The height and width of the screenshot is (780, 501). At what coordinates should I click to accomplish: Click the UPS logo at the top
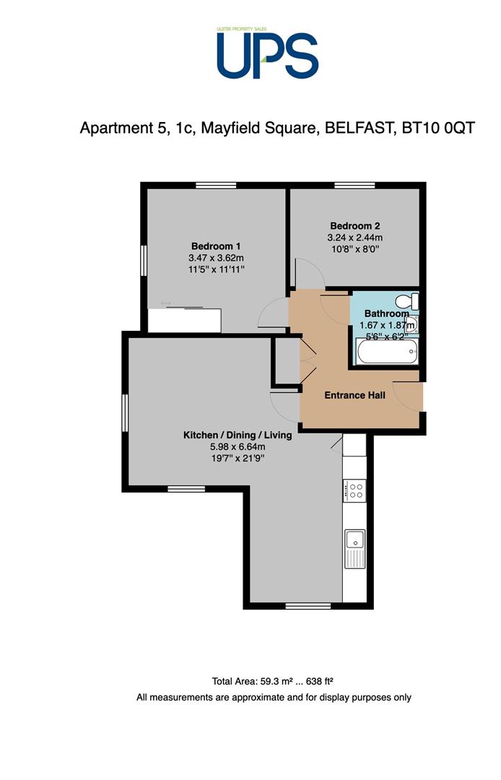[x=267, y=53]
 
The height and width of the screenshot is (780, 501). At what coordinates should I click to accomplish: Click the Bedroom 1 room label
[x=216, y=246]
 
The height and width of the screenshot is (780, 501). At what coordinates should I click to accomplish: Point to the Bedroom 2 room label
[x=355, y=225]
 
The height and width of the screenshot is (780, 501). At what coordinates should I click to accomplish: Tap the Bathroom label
[x=387, y=313]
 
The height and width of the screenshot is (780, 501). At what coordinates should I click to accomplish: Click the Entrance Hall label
[x=355, y=395]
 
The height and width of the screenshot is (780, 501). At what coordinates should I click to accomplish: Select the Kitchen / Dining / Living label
[x=238, y=435]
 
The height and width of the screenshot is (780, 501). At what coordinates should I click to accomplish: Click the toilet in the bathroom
[x=408, y=301]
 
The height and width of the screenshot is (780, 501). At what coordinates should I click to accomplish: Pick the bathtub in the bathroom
[x=387, y=351]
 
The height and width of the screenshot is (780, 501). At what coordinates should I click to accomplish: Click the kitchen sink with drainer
[x=355, y=549]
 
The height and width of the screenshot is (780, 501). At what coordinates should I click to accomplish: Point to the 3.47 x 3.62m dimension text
[x=216, y=258]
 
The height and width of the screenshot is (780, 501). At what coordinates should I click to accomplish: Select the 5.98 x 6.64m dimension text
[x=238, y=447]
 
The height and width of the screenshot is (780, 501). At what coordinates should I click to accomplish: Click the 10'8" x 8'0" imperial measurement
[x=355, y=249]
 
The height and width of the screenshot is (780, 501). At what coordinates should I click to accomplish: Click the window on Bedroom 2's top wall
[x=354, y=186]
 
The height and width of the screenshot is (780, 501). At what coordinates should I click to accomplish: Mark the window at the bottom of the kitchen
[x=308, y=606]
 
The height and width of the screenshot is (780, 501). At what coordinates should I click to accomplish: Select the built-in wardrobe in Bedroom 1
[x=184, y=321]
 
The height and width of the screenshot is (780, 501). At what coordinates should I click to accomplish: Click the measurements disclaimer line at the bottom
[x=274, y=698]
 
